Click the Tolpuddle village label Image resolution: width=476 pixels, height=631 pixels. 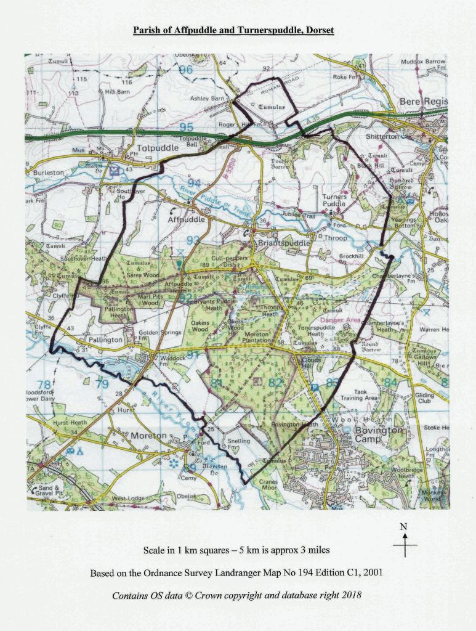pyautogui.click(x=156, y=149)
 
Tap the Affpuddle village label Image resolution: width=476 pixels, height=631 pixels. pyautogui.click(x=186, y=219)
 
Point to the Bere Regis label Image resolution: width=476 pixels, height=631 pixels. pyautogui.click(x=424, y=101)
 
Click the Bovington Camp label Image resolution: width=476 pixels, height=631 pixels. pyautogui.click(x=379, y=435)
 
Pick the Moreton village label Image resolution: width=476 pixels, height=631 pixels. pyautogui.click(x=148, y=436)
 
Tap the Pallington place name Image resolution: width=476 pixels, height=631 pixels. pyautogui.click(x=106, y=340)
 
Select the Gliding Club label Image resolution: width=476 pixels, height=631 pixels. pyautogui.click(x=424, y=398)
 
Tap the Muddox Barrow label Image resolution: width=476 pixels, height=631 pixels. pyautogui.click(x=423, y=62)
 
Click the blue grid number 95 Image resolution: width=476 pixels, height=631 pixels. pyautogui.click(x=186, y=128)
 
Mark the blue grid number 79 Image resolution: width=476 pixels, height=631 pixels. pyautogui.click(x=102, y=385)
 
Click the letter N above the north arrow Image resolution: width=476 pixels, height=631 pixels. pyautogui.click(x=404, y=527)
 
